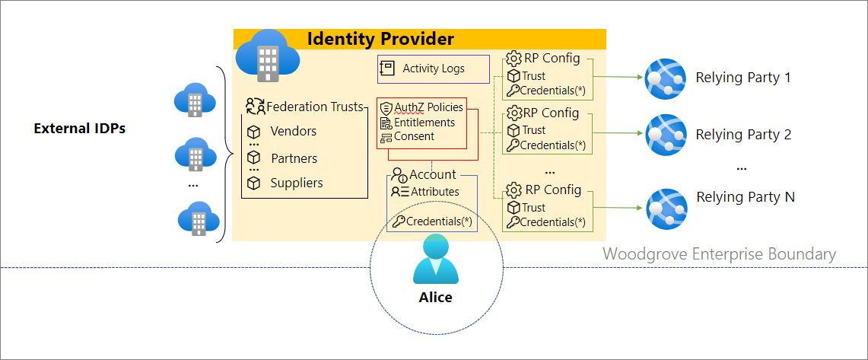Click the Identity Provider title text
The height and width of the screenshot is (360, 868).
point(380,39)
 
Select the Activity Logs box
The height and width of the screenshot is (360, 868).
point(433,68)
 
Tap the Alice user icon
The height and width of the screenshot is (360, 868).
point(435,260)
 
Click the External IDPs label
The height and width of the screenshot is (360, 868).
point(80,129)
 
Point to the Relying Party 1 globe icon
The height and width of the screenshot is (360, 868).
point(666,78)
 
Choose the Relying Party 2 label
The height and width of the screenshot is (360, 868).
point(743,135)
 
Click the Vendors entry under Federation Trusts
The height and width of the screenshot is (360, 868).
point(293,131)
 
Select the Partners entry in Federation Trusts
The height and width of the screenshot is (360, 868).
point(294,158)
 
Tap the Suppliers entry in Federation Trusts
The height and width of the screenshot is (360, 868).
point(296,183)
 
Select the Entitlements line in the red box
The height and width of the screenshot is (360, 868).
point(424,123)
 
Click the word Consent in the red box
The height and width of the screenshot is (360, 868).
point(414,136)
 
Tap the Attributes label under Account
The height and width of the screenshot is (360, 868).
point(434,192)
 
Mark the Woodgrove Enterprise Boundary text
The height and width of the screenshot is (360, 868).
point(719,254)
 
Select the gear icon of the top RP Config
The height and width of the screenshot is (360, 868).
point(513,59)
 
